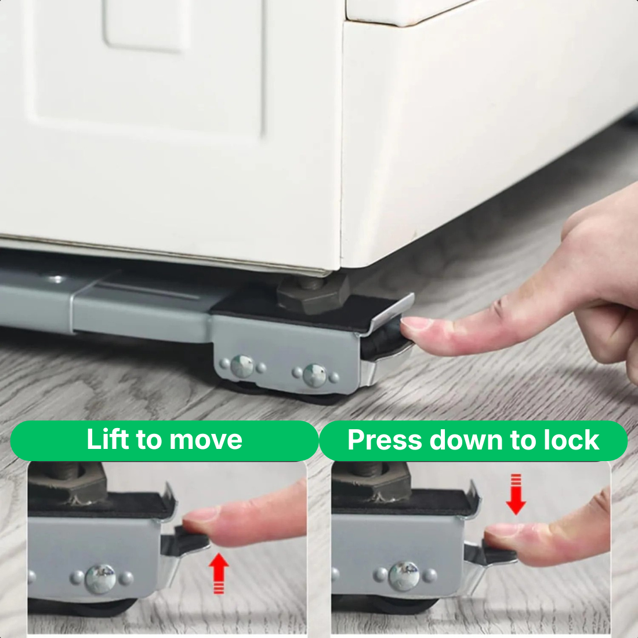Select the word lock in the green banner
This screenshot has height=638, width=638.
571,440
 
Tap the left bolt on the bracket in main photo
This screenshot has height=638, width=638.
241,366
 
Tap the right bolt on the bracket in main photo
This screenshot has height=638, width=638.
314,375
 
